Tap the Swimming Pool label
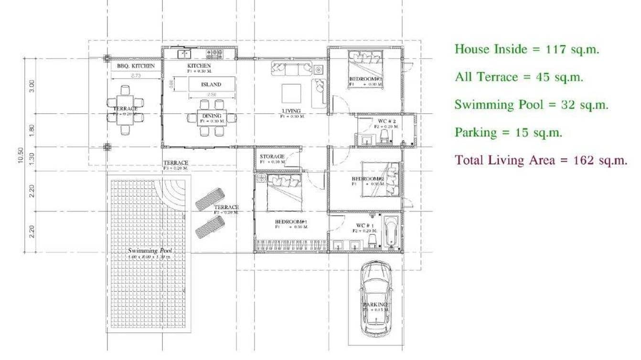pos(150,251)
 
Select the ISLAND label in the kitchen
pos(211,85)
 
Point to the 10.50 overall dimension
pos(21,156)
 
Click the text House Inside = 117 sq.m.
pos(527,49)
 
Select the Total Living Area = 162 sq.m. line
pos(541,160)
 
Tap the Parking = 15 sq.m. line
pos(508,132)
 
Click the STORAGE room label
pos(272,157)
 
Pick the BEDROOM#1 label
pos(291,222)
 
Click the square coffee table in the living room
pos(291,93)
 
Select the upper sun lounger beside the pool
pos(210,199)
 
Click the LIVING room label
pos(291,111)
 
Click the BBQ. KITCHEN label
pos(136,66)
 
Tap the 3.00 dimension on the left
pos(32,86)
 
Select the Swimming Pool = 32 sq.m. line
pos(531,105)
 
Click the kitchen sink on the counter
pos(183,53)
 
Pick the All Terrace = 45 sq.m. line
pos(519,77)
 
